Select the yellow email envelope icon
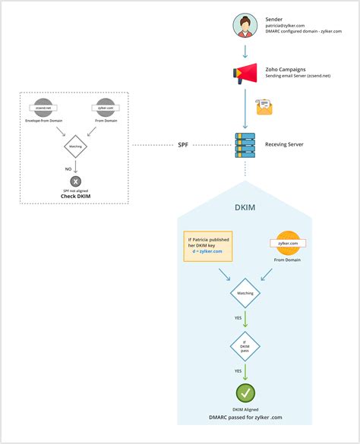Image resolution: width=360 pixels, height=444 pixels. coord(264,107)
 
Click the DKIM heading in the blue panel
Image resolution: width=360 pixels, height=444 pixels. coord(245,206)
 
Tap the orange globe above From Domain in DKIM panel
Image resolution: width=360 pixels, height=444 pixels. coord(290,242)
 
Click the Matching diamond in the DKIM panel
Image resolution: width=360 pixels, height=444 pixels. coord(245,292)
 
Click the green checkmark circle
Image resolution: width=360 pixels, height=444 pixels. coord(245,393)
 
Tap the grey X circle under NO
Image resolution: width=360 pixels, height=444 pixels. coord(76,181)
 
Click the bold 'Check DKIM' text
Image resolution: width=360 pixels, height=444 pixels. coord(76,197)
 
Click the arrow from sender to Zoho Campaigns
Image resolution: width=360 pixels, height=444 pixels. coord(245,52)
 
